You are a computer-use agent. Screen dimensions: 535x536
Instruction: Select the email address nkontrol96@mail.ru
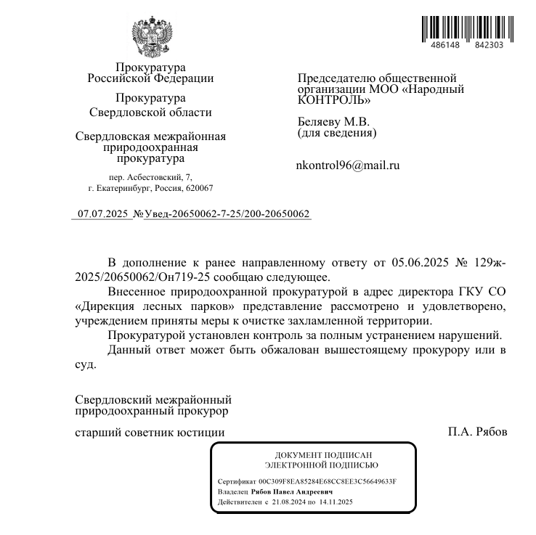click(x=348, y=166)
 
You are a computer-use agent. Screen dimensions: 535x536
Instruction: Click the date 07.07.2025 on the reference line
click(x=102, y=214)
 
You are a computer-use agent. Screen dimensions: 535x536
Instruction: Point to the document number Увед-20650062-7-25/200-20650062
click(x=227, y=214)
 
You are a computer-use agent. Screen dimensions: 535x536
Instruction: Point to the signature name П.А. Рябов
click(x=477, y=432)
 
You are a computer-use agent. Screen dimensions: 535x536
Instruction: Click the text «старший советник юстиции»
click(x=150, y=432)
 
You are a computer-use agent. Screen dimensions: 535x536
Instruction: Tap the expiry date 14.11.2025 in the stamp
click(x=335, y=502)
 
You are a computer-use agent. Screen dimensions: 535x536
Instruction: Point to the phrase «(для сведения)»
click(x=337, y=133)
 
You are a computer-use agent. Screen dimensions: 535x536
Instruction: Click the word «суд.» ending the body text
click(x=86, y=364)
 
